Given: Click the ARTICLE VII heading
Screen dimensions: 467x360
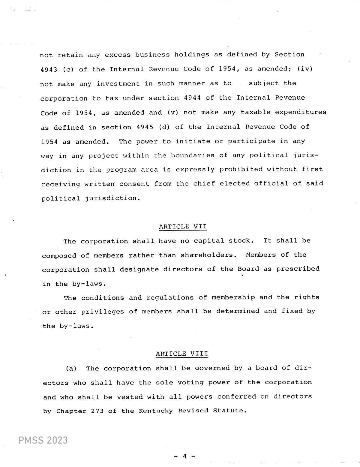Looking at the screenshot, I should [x=183, y=226].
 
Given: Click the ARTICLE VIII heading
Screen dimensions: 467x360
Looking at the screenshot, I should [x=182, y=354].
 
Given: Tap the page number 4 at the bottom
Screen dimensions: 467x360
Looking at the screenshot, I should [x=185, y=456].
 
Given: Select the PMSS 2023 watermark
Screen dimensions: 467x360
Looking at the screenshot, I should [x=43, y=440].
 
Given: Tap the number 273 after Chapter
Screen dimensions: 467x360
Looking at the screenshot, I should [x=97, y=411].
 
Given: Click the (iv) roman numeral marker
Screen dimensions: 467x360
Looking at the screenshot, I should [x=305, y=69].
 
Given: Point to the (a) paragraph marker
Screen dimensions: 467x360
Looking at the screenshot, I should [x=71, y=368].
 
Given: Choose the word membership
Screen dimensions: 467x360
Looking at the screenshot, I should [x=233, y=297].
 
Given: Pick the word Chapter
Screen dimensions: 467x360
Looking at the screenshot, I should [x=71, y=411].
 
